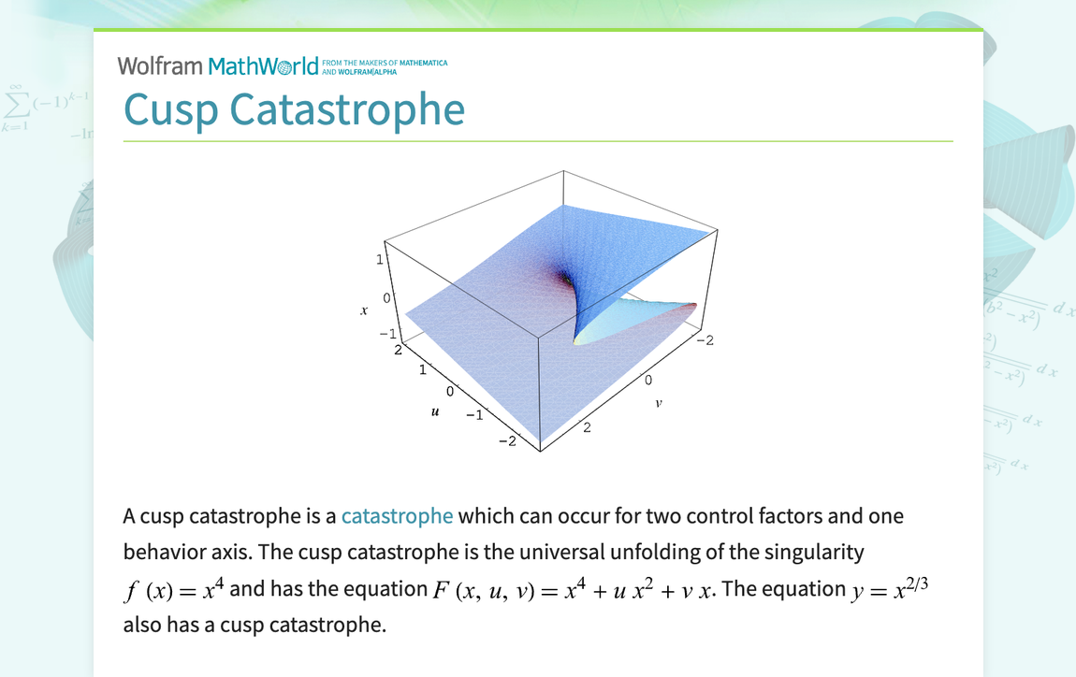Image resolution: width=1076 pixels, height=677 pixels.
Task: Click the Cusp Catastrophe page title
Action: [294, 109]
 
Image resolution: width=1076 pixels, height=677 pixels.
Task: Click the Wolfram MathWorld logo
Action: [217, 65]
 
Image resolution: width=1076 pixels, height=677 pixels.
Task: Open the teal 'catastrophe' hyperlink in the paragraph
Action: [397, 516]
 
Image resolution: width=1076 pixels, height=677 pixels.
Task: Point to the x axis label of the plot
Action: [364, 310]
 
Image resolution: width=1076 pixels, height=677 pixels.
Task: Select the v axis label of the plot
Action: [659, 404]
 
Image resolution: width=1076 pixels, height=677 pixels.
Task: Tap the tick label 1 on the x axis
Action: [380, 260]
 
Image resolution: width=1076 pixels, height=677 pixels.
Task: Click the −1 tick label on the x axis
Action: [386, 333]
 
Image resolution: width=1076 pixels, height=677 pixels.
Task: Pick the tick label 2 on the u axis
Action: [398, 351]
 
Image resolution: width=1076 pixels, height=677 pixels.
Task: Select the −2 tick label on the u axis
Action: [506, 440]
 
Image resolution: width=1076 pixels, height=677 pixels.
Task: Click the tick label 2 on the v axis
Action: [588, 428]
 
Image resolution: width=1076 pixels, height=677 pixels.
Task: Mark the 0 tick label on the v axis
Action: [647, 382]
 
